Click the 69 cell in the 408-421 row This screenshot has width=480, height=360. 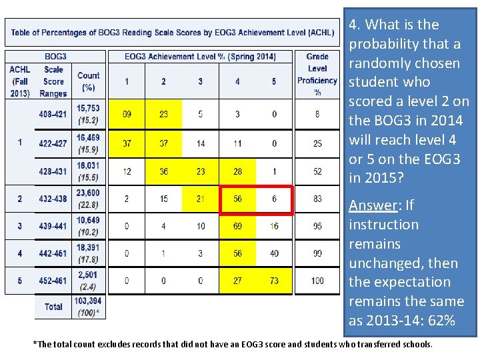click(x=127, y=114)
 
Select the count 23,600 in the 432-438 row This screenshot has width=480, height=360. click(x=88, y=194)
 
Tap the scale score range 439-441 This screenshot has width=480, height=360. click(x=53, y=226)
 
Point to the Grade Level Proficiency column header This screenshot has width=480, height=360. click(x=317, y=74)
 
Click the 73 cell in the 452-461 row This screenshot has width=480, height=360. click(x=274, y=281)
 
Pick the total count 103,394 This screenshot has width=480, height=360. click(x=88, y=301)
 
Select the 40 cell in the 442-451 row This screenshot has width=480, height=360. click(x=274, y=253)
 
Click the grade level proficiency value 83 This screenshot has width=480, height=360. click(x=317, y=199)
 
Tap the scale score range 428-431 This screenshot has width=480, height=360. click(x=53, y=171)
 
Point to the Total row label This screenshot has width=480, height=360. click(x=53, y=307)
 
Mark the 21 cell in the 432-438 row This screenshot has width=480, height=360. click(x=201, y=199)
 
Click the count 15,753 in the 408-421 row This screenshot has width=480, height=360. click(x=88, y=108)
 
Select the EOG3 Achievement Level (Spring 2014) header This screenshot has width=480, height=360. click(x=200, y=57)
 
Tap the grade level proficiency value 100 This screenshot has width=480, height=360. click(x=317, y=281)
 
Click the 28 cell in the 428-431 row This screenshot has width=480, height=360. click(x=237, y=171)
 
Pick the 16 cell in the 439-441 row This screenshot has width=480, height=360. click(x=274, y=226)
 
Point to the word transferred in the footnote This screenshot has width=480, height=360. click(x=360, y=345)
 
